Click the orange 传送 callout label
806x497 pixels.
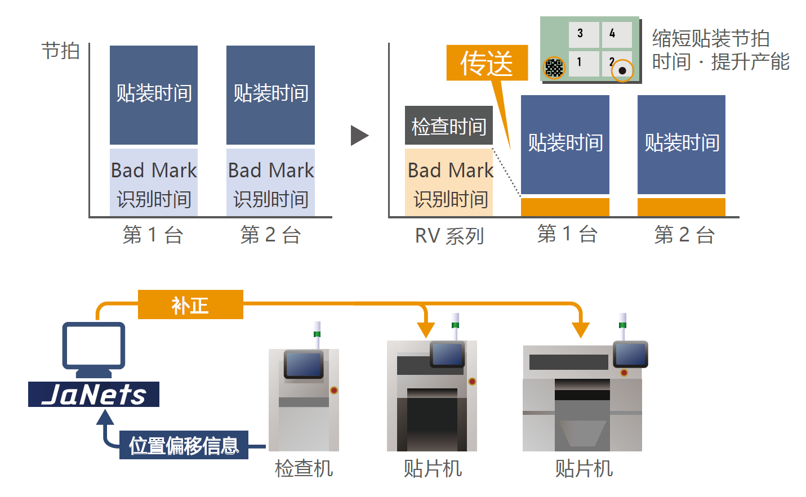tap(487, 62)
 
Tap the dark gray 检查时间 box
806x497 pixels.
tap(449, 126)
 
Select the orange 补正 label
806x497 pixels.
tap(190, 305)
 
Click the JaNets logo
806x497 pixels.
tap(94, 394)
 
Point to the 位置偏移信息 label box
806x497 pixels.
tap(184, 445)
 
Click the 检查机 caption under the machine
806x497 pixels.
tap(304, 468)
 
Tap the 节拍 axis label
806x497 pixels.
tap(60, 51)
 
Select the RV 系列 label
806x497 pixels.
tap(449, 235)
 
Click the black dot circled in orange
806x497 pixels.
tap(622, 70)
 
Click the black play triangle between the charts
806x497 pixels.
tap(359, 135)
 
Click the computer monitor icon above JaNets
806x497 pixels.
tap(93, 346)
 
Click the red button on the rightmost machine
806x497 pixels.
tap(624, 373)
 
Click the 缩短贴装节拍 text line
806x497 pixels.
tap(711, 38)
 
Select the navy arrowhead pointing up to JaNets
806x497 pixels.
tap(105, 418)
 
